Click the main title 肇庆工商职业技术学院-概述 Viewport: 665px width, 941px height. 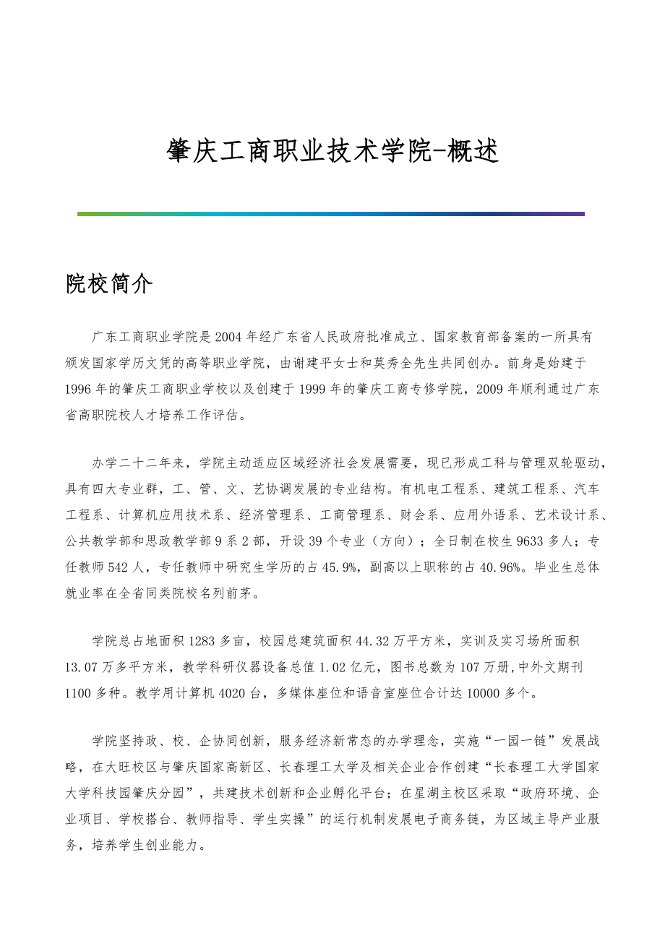(332, 151)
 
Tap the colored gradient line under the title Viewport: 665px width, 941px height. (331, 214)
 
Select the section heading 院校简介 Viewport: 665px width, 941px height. (109, 285)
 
